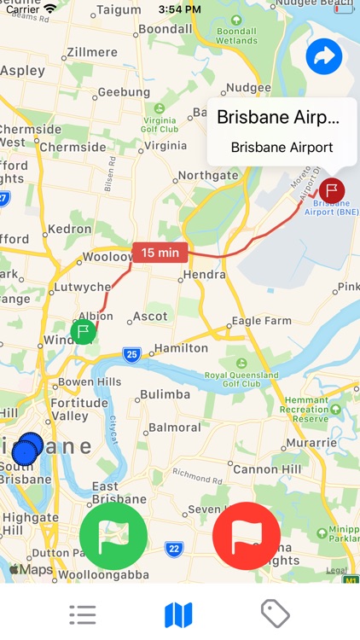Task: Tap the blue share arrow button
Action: coord(324,57)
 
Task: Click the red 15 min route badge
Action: coord(160,253)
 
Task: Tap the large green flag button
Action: coord(113,536)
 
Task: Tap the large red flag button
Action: coord(247,536)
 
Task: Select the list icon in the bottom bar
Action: coord(83,614)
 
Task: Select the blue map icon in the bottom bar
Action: coord(178,614)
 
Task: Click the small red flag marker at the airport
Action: coord(332,190)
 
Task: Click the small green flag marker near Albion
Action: coord(83,331)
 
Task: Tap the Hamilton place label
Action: coord(181,348)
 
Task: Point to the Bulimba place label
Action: coord(164,394)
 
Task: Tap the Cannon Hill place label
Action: coord(267,468)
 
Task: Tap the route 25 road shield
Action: coord(131,353)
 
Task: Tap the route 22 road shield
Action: coord(174,549)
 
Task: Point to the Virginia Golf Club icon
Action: coord(160,108)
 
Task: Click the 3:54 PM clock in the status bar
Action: coord(179,9)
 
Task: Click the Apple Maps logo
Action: coord(31,569)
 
